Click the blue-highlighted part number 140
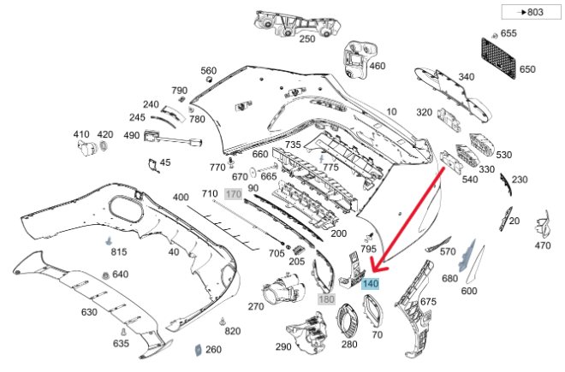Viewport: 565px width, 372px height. [x=370, y=284]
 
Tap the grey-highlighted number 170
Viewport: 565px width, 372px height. [x=234, y=194]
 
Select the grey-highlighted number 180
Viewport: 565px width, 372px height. [x=326, y=299]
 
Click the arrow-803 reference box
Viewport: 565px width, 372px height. [x=531, y=12]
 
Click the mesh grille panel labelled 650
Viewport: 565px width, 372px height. [x=498, y=58]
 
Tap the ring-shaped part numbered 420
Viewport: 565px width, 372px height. [x=104, y=146]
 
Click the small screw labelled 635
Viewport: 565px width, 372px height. [x=123, y=332]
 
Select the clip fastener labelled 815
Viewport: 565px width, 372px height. [x=109, y=241]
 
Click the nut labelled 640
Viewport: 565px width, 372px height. [x=105, y=275]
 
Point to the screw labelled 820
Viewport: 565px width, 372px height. [x=223, y=321]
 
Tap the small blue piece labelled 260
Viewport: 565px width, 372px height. [x=199, y=350]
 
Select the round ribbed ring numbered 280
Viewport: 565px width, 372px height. [x=347, y=320]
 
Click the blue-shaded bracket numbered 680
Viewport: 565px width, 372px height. [x=467, y=256]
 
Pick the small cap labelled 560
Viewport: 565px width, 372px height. [x=208, y=79]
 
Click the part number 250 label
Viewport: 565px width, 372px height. [x=307, y=38]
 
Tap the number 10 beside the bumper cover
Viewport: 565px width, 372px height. [x=391, y=112]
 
